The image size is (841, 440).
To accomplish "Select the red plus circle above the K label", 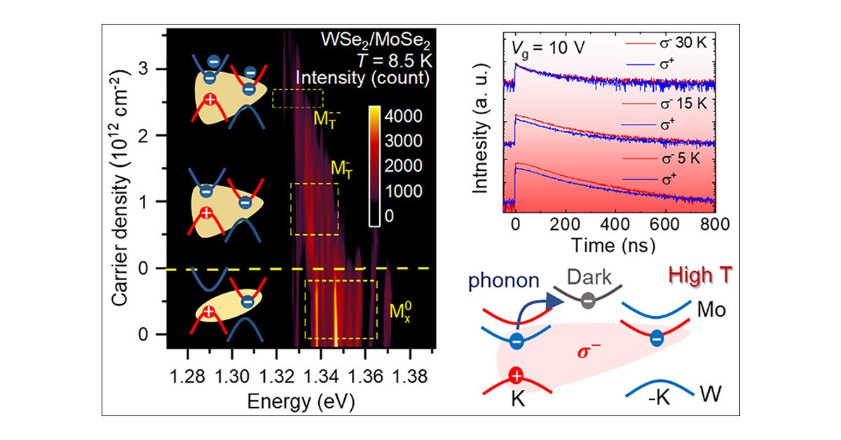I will (517, 376).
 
